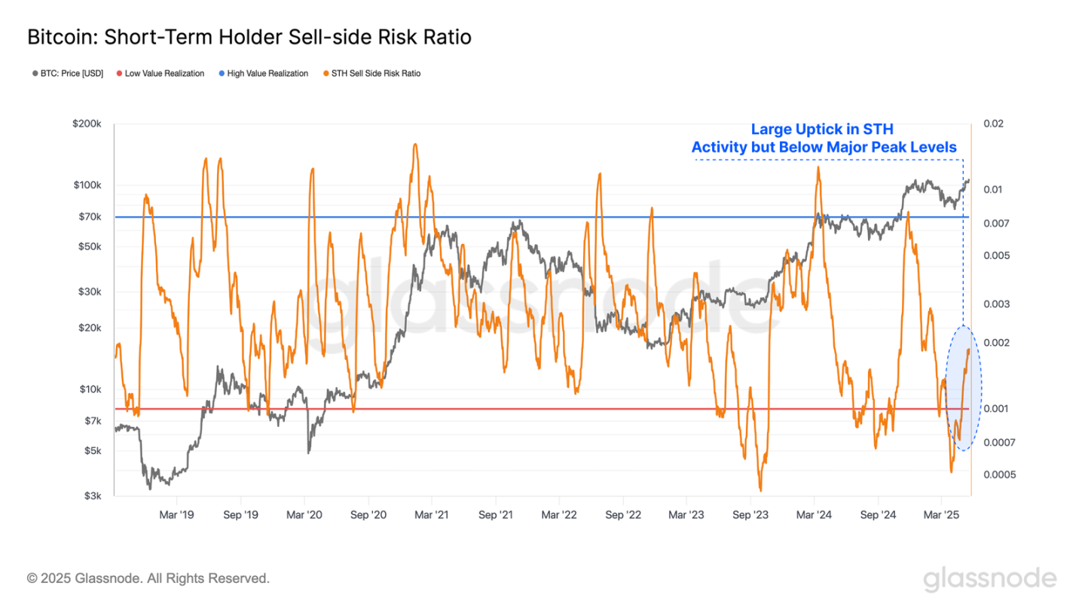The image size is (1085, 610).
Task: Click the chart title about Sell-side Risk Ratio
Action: [249, 37]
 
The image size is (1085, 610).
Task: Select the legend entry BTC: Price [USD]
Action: [67, 73]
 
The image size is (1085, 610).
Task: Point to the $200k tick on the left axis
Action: [89, 124]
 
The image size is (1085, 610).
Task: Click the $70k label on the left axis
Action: [92, 217]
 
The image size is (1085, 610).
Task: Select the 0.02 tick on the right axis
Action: [993, 124]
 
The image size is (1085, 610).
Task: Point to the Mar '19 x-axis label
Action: [177, 515]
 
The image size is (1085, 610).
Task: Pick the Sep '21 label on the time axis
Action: [495, 515]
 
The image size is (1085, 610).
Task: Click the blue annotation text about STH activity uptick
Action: [824, 138]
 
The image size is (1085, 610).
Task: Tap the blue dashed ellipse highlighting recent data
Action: [963, 388]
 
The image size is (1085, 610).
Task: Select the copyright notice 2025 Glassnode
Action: [148, 578]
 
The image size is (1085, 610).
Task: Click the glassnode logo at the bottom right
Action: [990, 578]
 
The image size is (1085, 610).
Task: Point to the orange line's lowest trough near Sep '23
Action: [760, 490]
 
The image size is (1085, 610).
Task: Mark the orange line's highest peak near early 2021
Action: [415, 145]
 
